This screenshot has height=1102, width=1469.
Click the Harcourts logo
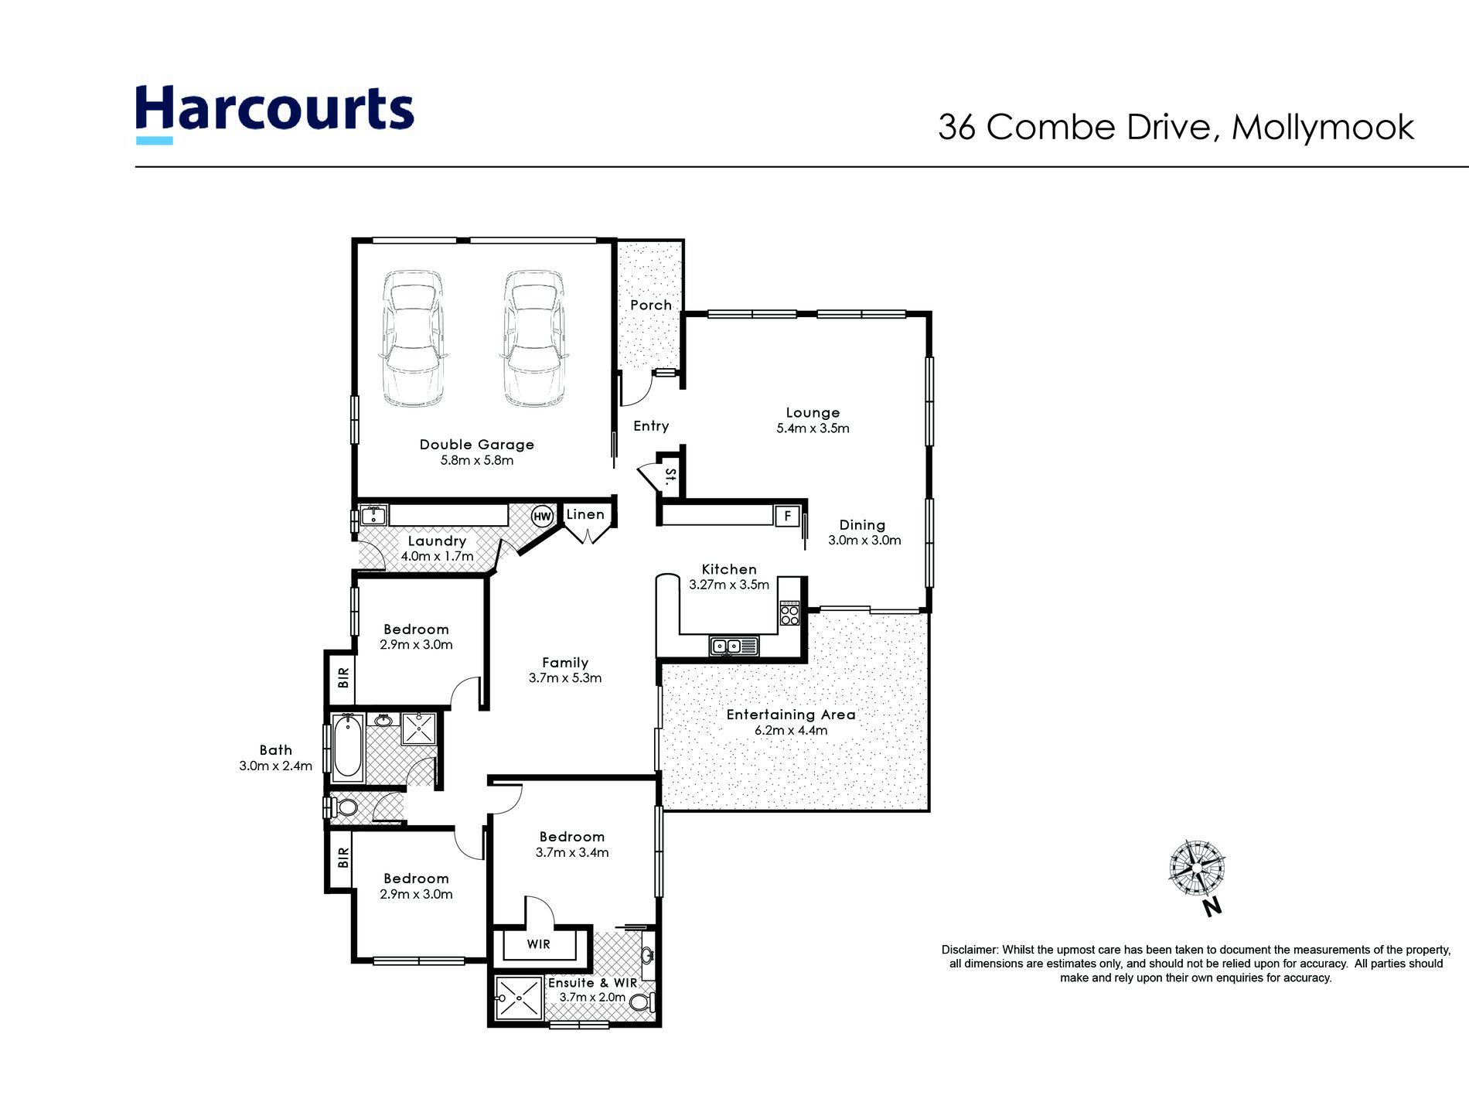pyautogui.click(x=274, y=112)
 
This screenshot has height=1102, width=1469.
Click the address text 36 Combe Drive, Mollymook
pyautogui.click(x=1175, y=128)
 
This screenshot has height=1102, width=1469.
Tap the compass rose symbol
pyautogui.click(x=1197, y=867)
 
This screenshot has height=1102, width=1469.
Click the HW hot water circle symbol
pyautogui.click(x=542, y=517)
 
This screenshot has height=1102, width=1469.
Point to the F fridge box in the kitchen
pyautogui.click(x=787, y=516)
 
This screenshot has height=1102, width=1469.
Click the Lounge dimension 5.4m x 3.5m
pyautogui.click(x=813, y=428)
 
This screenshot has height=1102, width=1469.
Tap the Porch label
pyautogui.click(x=651, y=305)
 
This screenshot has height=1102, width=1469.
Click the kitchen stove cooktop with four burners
pyautogui.click(x=789, y=614)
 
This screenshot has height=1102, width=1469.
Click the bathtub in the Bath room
pyautogui.click(x=348, y=746)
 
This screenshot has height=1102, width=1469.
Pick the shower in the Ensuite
pyautogui.click(x=519, y=998)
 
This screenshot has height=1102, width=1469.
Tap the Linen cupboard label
pyautogui.click(x=585, y=515)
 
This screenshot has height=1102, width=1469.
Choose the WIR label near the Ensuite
pyautogui.click(x=539, y=944)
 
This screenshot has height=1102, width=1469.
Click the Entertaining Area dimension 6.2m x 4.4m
pyautogui.click(x=791, y=731)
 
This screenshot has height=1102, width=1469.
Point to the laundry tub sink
pyautogui.click(x=373, y=515)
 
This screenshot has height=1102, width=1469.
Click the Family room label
pyautogui.click(x=565, y=663)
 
